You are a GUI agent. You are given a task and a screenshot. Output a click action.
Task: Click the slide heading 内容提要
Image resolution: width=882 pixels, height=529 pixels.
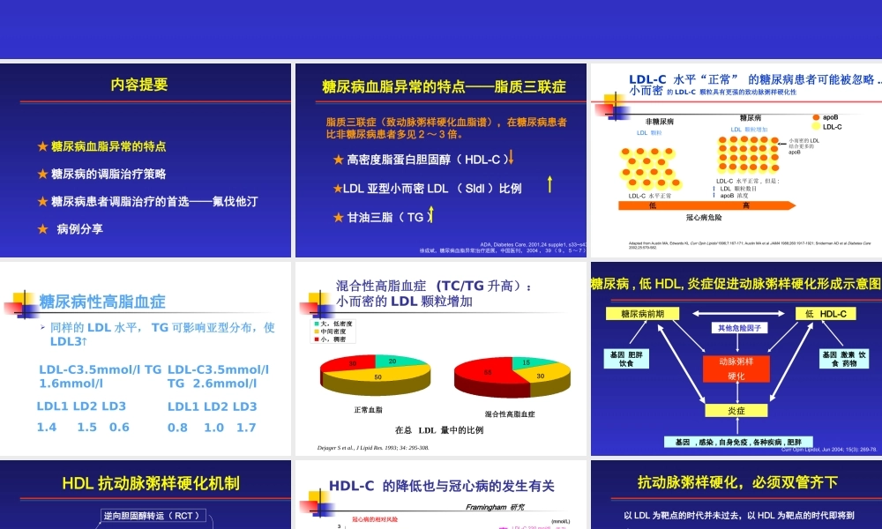point(138,85)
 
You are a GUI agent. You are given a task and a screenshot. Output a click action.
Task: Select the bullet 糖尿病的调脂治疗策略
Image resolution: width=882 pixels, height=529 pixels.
point(108,174)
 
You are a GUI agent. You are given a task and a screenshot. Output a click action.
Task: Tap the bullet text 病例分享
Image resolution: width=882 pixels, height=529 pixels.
point(80,228)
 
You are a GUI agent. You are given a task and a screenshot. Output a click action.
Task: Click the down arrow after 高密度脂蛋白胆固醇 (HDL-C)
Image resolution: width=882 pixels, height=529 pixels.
point(511,159)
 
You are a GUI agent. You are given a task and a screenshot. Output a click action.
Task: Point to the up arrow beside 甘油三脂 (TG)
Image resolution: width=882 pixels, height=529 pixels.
point(430,215)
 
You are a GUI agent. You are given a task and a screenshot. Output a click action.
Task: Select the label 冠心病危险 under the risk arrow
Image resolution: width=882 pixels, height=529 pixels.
point(706,217)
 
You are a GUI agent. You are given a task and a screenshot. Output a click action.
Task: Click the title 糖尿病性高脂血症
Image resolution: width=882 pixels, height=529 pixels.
point(102,302)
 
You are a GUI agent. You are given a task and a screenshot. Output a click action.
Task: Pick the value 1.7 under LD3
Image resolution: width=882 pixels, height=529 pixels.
point(247,428)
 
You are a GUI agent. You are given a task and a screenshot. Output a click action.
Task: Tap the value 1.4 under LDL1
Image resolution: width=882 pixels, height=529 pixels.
point(47,428)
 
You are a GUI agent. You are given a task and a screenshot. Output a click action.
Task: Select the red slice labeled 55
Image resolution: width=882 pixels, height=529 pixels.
point(486,373)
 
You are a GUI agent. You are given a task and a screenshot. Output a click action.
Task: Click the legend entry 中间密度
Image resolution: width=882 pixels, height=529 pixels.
point(337,332)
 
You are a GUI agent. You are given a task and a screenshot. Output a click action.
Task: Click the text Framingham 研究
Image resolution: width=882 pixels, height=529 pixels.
point(495,507)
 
